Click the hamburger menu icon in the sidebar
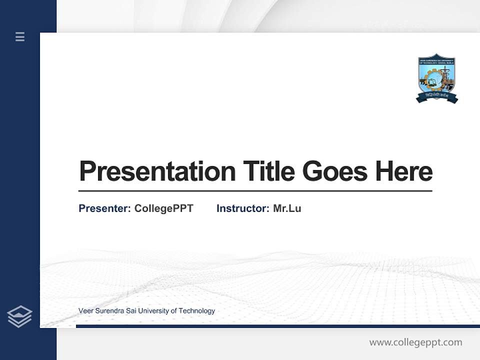coord(20,36)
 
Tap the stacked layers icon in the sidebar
coord(19,316)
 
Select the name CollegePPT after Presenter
coord(164,208)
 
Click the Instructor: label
coord(243,208)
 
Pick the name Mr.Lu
coord(287,208)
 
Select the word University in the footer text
coord(153,311)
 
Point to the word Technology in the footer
coord(196,311)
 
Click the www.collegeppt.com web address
coord(415,342)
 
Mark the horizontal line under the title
coord(255,191)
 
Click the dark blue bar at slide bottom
coord(277,326)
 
